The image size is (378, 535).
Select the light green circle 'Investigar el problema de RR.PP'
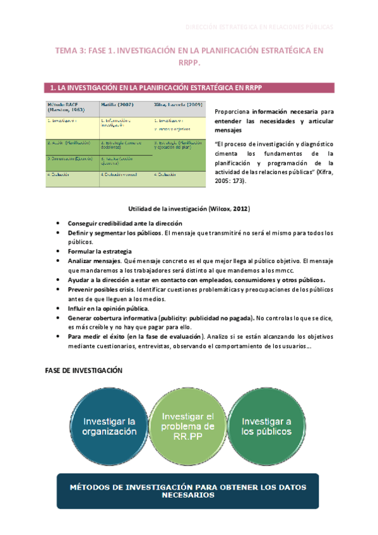tap(189, 426)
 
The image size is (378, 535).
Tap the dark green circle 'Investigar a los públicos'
tap(266, 426)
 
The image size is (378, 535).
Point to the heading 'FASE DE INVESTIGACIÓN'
tap(83, 370)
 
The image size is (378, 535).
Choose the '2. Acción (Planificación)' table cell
tap(69, 143)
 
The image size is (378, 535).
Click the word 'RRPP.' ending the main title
tap(189, 63)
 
